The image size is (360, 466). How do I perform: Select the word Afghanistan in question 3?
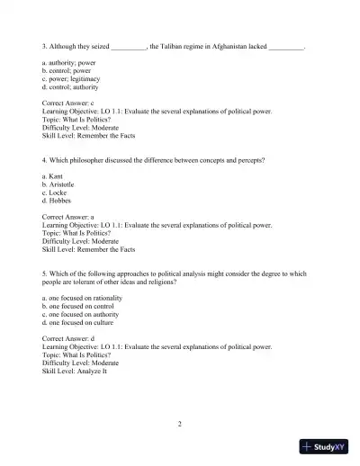(227, 44)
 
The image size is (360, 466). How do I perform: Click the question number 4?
(45, 159)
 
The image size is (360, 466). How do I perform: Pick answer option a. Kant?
(55, 176)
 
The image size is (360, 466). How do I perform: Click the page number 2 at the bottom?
(180, 423)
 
